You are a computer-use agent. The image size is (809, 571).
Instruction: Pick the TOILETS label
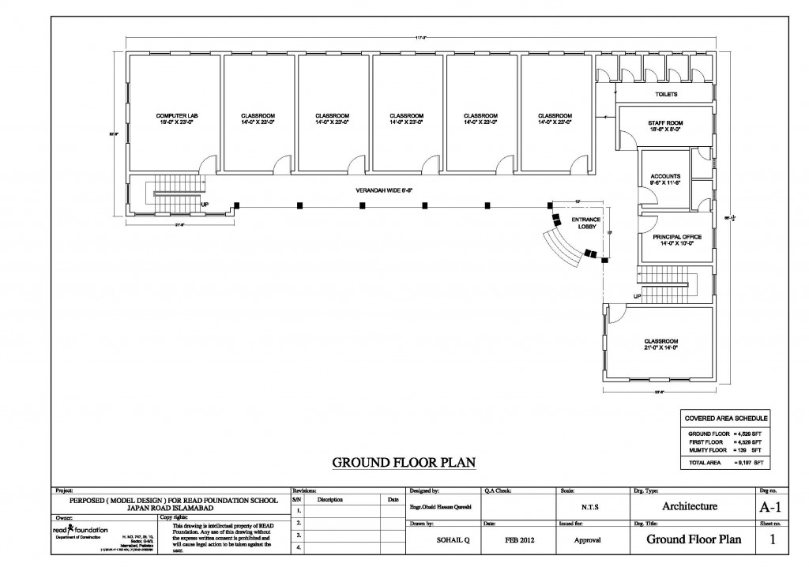click(666, 94)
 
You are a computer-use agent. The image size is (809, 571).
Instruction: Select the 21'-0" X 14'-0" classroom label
click(660, 344)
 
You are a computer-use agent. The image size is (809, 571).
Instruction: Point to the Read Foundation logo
click(80, 530)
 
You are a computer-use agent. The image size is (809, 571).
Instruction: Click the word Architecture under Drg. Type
click(689, 506)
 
